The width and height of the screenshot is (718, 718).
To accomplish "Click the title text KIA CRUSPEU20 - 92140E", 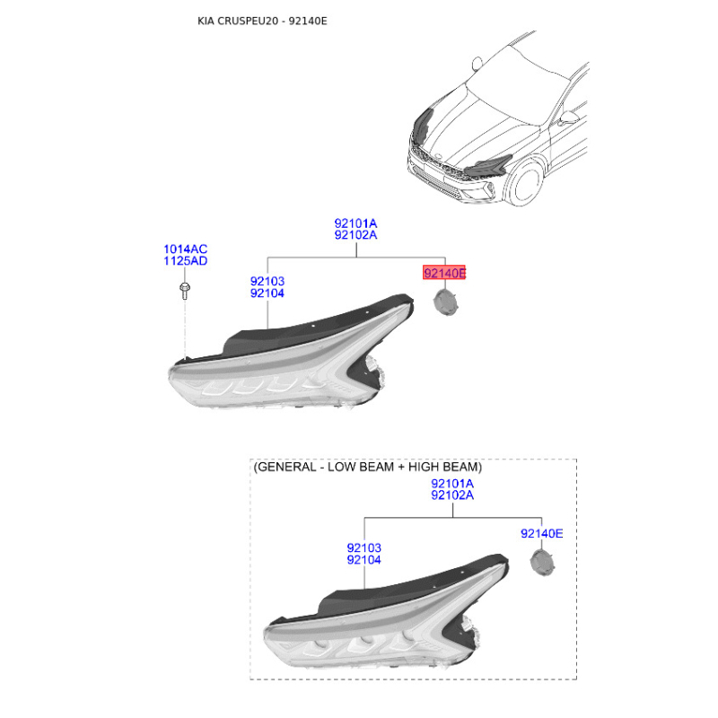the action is (x=262, y=21).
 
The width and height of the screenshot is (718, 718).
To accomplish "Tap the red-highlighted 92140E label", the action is (x=443, y=273).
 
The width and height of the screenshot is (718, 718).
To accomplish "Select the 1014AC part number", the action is (x=186, y=250).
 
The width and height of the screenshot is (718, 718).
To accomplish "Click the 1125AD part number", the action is (x=186, y=261).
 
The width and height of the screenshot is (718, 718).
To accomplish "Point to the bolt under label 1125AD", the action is (x=185, y=291).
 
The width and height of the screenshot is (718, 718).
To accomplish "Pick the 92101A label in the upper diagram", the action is (x=355, y=223).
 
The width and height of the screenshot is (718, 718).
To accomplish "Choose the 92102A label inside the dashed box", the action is (x=452, y=495).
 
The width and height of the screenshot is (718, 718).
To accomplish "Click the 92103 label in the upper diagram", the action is (x=267, y=281).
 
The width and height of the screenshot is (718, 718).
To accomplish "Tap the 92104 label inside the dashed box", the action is (x=364, y=559).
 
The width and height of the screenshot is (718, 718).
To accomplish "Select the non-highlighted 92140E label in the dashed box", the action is (x=542, y=533).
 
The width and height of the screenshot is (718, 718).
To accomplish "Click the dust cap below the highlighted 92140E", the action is (x=445, y=302).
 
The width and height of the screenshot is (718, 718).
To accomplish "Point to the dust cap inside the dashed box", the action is (x=543, y=563).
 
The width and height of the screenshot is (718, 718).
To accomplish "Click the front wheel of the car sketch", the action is (x=526, y=181).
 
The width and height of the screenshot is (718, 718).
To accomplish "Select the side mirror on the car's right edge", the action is (x=567, y=118).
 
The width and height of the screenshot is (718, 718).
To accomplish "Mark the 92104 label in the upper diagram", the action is (x=267, y=293).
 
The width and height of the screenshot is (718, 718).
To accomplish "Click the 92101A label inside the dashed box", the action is (x=452, y=484).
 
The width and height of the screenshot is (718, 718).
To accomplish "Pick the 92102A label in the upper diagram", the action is (x=355, y=235).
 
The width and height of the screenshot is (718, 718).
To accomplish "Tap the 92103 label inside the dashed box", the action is (x=364, y=547).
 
